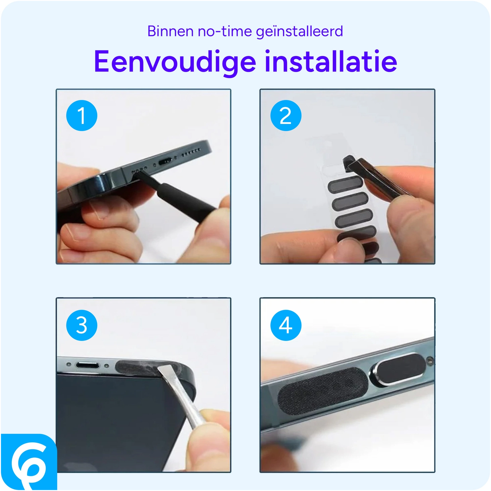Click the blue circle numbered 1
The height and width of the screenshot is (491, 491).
(82, 116)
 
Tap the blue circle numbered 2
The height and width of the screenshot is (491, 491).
(286, 116)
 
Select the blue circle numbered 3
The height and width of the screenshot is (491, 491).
(82, 325)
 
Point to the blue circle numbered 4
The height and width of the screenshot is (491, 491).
(286, 325)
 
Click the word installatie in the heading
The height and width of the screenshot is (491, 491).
(331, 61)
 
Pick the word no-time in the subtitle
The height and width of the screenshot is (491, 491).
(225, 31)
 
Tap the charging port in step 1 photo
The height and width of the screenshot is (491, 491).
(165, 162)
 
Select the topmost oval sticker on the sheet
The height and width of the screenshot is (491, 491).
(345, 185)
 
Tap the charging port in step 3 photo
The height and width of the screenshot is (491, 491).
(87, 365)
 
